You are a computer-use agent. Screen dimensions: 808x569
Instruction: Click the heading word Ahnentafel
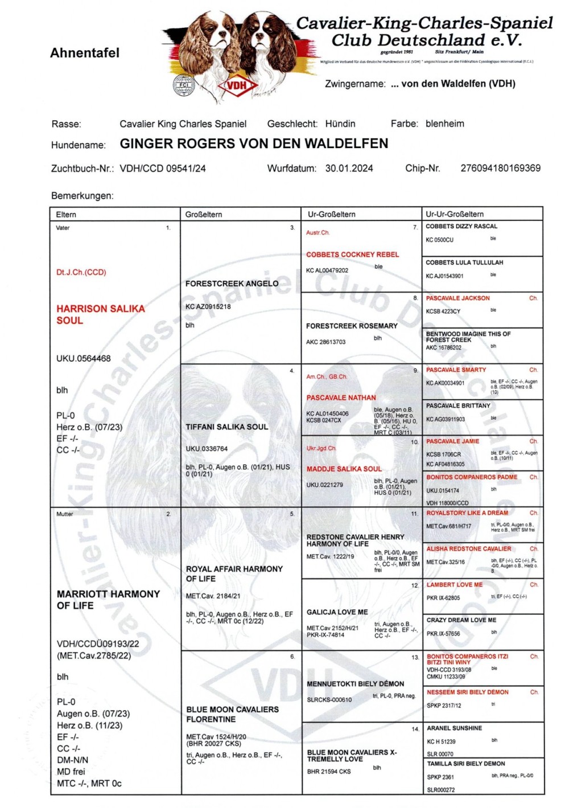(85, 53)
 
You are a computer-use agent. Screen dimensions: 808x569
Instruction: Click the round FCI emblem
(184, 85)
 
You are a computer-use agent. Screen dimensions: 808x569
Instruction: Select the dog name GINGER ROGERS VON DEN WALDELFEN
(254, 143)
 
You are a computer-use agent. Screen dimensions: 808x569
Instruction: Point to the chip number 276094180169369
(500, 168)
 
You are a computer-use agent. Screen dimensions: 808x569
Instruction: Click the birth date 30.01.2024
(349, 168)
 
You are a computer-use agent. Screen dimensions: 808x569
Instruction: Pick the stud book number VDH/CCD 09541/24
(163, 169)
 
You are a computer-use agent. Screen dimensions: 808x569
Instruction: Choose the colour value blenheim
(444, 124)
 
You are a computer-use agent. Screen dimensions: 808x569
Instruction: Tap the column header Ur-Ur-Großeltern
(455, 214)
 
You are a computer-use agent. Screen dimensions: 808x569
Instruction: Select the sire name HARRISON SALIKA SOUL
(100, 314)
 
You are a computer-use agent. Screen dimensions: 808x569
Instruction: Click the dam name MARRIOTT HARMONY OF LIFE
(108, 600)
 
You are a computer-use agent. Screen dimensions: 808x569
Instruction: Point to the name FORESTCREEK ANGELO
(232, 284)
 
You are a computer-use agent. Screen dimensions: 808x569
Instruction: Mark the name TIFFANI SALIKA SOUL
(226, 426)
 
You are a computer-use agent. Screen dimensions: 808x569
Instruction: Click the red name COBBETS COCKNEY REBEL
(352, 255)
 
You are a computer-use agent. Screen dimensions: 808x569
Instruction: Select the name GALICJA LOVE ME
(337, 612)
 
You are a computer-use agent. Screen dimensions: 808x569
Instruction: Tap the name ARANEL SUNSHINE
(454, 728)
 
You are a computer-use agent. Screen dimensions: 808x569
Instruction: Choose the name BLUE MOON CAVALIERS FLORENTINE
(232, 714)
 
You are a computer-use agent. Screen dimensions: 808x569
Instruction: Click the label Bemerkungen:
(82, 196)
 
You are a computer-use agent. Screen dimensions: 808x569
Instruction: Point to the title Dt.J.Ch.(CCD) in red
(81, 272)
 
